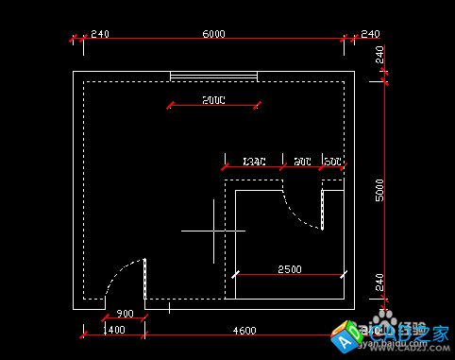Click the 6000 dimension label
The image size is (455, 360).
pyautogui.click(x=213, y=34)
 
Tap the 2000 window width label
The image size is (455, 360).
pyautogui.click(x=213, y=99)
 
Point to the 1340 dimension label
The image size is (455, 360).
pyautogui.click(x=255, y=162)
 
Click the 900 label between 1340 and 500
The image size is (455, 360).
pyautogui.click(x=303, y=162)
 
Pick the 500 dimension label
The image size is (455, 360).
pyautogui.click(x=333, y=162)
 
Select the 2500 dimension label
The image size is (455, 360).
pyautogui.click(x=289, y=269)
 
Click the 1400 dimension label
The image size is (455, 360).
pyautogui.click(x=114, y=331)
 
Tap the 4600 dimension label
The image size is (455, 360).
pyautogui.click(x=244, y=331)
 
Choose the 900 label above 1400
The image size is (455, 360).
pyautogui.click(x=124, y=314)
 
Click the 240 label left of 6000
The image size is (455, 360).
pyautogui.click(x=100, y=34)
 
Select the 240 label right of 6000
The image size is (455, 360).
pyautogui.click(x=370, y=34)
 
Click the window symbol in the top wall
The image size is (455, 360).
pyautogui.click(x=213, y=76)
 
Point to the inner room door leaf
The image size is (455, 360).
pyautogui.click(x=322, y=209)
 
